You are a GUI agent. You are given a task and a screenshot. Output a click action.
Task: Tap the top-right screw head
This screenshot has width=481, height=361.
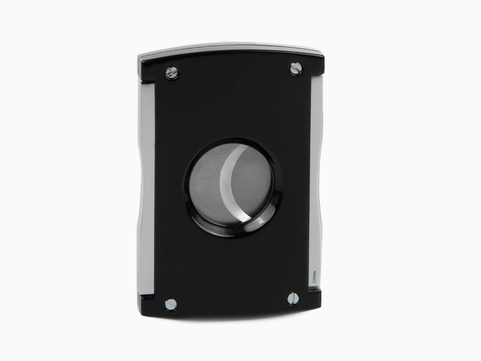coord(296,69)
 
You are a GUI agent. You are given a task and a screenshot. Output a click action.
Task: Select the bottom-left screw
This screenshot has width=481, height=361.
coord(170,304)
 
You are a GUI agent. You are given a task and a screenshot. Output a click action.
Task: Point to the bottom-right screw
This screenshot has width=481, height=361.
coord(293,298)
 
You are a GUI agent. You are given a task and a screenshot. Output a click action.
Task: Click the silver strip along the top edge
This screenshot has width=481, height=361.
coord(231,50)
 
